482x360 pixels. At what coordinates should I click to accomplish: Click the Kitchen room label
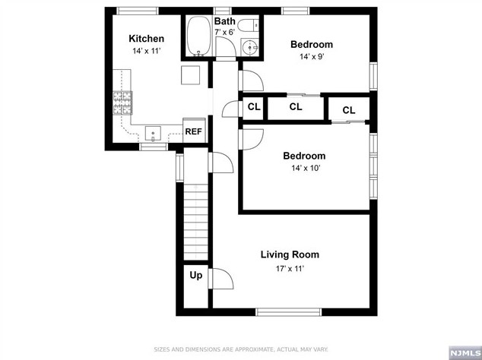pyautogui.click(x=146, y=39)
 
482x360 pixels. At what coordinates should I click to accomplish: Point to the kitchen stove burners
pyautogui.click(x=122, y=103)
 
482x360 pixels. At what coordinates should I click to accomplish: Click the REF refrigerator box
pyautogui.click(x=194, y=131)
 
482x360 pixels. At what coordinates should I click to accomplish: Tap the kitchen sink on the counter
pyautogui.click(x=153, y=134)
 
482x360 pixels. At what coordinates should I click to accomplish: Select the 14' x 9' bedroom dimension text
pyautogui.click(x=311, y=58)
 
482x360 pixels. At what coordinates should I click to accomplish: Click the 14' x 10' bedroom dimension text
pyautogui.click(x=303, y=169)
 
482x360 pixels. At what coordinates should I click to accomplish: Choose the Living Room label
pyautogui.click(x=290, y=254)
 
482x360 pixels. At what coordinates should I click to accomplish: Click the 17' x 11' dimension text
pyautogui.click(x=290, y=268)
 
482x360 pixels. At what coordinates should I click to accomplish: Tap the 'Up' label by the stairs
pyautogui.click(x=195, y=276)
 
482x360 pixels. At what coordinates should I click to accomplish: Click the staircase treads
pyautogui.click(x=195, y=220)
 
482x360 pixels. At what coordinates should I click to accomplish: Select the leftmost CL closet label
pyautogui.click(x=253, y=107)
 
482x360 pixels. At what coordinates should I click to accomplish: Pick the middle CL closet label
pyautogui.click(x=295, y=107)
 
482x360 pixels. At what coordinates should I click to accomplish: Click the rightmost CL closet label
pyautogui.click(x=348, y=110)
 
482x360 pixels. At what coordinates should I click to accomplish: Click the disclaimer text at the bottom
pyautogui.click(x=241, y=349)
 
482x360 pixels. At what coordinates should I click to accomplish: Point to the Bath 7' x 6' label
pyautogui.click(x=224, y=27)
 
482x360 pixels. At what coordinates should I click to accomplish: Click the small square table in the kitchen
pyautogui.click(x=190, y=74)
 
